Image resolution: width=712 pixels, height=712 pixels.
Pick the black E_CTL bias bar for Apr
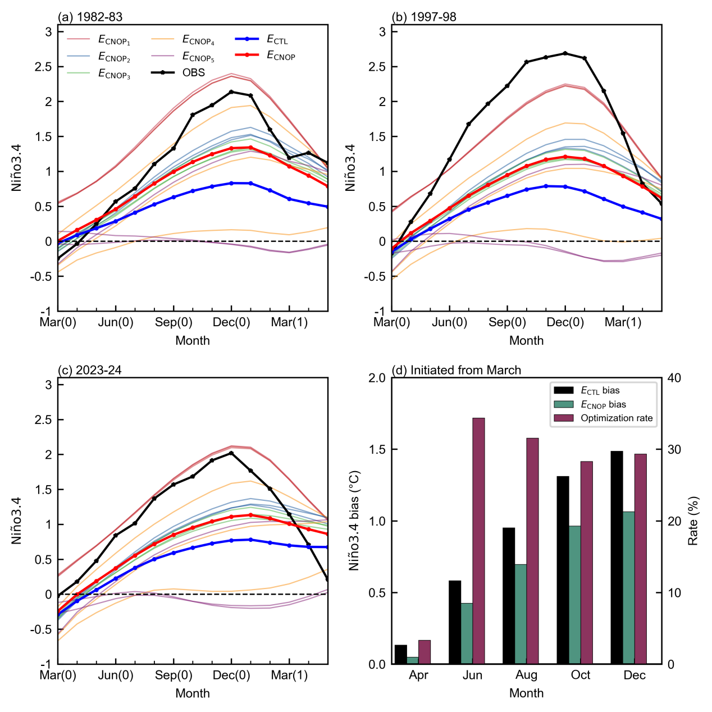pyautogui.click(x=401, y=654)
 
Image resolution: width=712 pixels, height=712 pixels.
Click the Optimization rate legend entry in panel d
pyautogui.click(x=603, y=418)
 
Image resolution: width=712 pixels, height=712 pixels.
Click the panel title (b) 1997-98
pyautogui.click(x=424, y=17)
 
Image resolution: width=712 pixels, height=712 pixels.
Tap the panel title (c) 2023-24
pyautogui.click(x=90, y=370)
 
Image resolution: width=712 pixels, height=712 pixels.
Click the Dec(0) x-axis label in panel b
pyautogui.click(x=565, y=322)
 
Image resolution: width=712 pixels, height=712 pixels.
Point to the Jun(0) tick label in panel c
pyautogui.click(x=116, y=676)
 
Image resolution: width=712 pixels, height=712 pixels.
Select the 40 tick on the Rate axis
pyautogui.click(x=674, y=378)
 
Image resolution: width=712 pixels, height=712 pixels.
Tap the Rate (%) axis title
pyautogui.click(x=693, y=521)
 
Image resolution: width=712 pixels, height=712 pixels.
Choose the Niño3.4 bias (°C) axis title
pyautogui.click(x=354, y=521)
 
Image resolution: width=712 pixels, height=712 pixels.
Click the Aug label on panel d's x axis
pyautogui.click(x=527, y=676)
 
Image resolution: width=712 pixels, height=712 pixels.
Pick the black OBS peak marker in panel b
pyautogui.click(x=565, y=53)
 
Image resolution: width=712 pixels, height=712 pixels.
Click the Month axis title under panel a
pyautogui.click(x=193, y=340)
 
